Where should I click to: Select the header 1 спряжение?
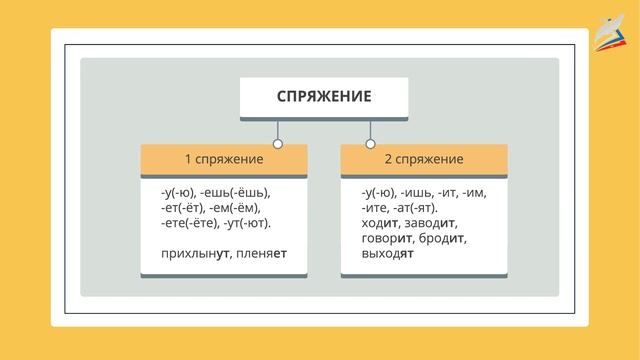click(x=224, y=160)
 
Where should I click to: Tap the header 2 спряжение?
click(x=424, y=160)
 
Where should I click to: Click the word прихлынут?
click(x=193, y=254)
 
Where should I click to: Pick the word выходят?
click(x=388, y=254)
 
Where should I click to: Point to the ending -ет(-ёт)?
click(x=183, y=208)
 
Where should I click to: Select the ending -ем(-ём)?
click(x=237, y=208)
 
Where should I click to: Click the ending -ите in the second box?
click(x=378, y=208)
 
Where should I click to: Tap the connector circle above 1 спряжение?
click(x=278, y=144)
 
